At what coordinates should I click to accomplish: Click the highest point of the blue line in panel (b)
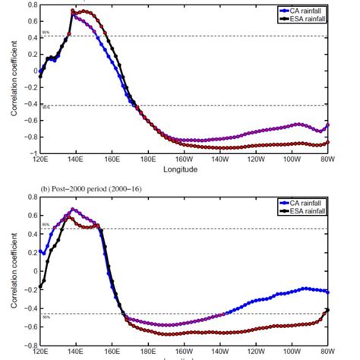point(73,210)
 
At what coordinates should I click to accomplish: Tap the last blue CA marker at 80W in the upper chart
point(328,124)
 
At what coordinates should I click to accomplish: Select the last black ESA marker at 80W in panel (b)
point(328,310)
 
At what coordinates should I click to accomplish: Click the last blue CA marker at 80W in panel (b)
point(328,292)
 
